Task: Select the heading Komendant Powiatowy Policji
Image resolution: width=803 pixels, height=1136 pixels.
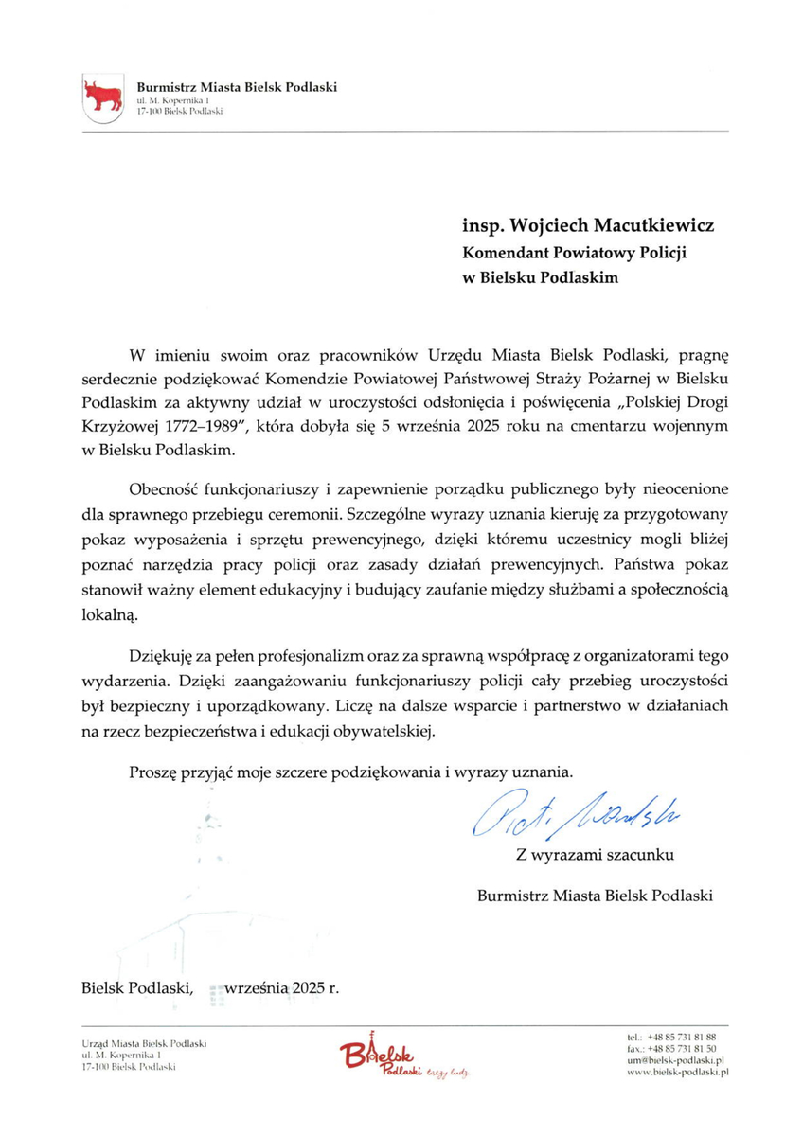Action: [x=573, y=254]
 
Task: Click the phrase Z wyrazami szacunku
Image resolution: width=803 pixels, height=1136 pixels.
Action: [x=595, y=855]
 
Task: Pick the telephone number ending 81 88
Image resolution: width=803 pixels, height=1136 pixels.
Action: [x=682, y=1038]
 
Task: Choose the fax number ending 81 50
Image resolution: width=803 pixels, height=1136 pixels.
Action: [x=682, y=1049]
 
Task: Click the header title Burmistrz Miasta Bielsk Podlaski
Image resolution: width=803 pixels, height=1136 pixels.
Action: [x=237, y=88]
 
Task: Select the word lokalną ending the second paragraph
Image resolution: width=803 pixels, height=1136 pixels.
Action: [x=110, y=614]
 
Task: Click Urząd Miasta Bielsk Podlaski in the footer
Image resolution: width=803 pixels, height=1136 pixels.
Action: [x=144, y=1042]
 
